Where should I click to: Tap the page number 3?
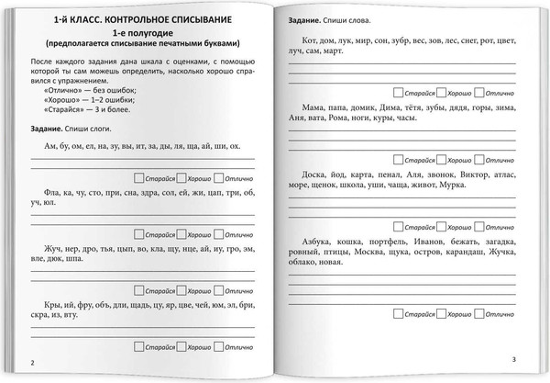pyautogui.click(x=515, y=359)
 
